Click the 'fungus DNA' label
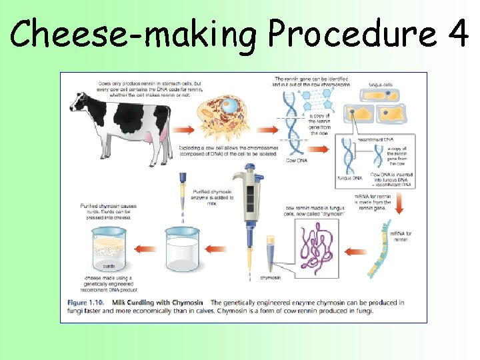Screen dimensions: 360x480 click(x=349, y=178)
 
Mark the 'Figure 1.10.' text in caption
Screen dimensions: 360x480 click(x=86, y=303)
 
